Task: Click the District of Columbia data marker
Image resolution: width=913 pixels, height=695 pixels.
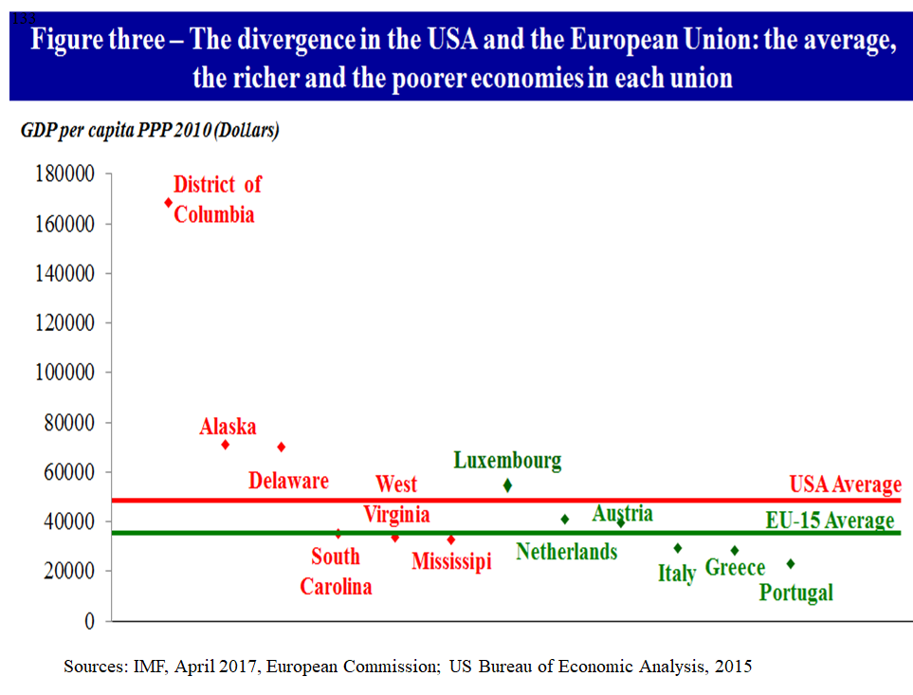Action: coord(169,202)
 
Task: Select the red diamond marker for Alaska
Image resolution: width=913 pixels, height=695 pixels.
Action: coord(226,445)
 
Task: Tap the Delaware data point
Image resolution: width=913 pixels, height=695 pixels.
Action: coord(282,447)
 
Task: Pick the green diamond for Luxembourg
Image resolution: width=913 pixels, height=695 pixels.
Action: coord(507,485)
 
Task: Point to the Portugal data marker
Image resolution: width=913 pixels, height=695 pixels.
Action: coord(791,563)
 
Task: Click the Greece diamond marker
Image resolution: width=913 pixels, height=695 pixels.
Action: coord(734,550)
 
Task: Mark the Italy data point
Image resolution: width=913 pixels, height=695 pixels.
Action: coord(678,548)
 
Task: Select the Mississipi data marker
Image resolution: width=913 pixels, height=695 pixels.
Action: coord(451,540)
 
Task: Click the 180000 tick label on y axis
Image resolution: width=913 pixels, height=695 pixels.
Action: coord(64,174)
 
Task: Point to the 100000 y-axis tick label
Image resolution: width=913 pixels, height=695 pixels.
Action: coord(64,373)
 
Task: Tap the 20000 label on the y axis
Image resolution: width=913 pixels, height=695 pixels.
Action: coord(69,571)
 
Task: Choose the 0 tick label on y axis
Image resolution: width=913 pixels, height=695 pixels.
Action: coord(90,621)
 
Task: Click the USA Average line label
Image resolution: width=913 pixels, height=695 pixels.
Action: coord(845,485)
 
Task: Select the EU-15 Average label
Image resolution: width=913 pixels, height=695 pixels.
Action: coord(830,521)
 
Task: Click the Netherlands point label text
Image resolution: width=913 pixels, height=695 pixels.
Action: coord(566,552)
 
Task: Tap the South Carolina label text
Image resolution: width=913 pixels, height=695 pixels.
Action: coord(336,571)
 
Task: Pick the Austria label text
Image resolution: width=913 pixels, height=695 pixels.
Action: coord(622,513)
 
